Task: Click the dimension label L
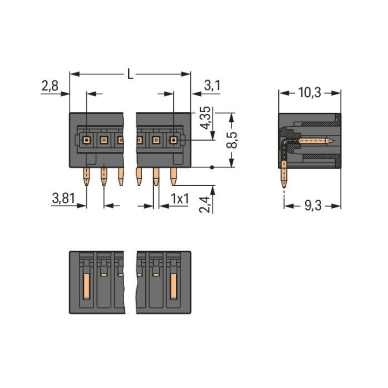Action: (130, 74)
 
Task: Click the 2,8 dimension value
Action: (50, 86)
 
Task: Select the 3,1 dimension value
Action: (212, 86)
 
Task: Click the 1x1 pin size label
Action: (179, 198)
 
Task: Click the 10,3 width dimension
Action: (310, 93)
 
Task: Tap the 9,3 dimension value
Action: (312, 206)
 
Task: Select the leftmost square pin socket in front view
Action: (86, 139)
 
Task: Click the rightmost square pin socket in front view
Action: (173, 139)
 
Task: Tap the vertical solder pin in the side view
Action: (284, 176)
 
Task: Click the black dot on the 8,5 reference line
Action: (212, 167)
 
